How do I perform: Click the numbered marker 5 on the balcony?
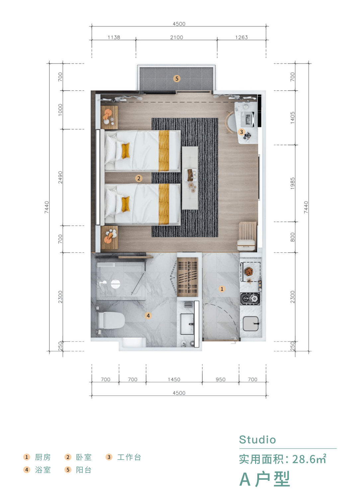click(177, 78)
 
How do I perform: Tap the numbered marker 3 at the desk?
click(241, 132)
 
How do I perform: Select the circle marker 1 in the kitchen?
click(222, 289)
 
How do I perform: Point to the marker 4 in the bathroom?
click(148, 316)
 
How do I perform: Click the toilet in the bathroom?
click(110, 321)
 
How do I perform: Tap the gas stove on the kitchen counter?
click(250, 299)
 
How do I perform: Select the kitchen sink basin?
click(251, 323)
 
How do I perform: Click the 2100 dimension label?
click(177, 37)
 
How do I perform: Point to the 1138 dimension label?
click(114, 37)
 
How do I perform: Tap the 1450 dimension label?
click(174, 379)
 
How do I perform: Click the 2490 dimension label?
click(60, 177)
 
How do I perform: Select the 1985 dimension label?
click(292, 183)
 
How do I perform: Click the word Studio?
click(257, 440)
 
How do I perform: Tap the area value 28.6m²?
click(310, 459)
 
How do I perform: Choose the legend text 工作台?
click(129, 457)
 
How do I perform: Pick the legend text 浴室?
click(43, 470)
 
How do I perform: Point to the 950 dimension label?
click(221, 379)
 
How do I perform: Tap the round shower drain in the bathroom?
click(115, 284)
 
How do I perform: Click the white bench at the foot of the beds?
click(190, 178)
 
